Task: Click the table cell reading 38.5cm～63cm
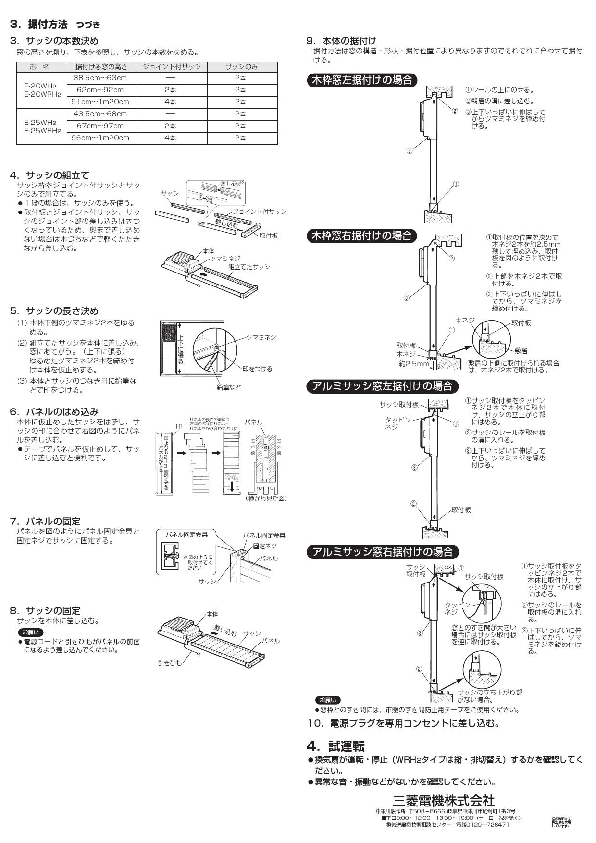click(x=100, y=78)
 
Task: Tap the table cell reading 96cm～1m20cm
click(x=100, y=138)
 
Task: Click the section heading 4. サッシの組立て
click(x=50, y=175)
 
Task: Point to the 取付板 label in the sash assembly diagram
click(x=268, y=236)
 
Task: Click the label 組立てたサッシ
click(x=249, y=267)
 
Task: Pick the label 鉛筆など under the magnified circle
click(x=228, y=387)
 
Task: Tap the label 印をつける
click(x=257, y=369)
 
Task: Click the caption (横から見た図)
click(x=266, y=498)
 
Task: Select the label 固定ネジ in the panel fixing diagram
click(x=265, y=546)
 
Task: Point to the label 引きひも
click(x=170, y=663)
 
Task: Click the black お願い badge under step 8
click(x=30, y=632)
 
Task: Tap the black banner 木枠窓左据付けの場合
click(x=362, y=80)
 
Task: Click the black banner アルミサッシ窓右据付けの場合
click(x=383, y=552)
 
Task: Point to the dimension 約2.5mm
click(x=414, y=364)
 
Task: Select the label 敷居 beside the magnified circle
click(x=521, y=351)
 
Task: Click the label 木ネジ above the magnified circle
click(x=465, y=320)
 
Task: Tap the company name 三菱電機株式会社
click(x=444, y=800)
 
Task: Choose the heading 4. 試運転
click(x=335, y=746)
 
